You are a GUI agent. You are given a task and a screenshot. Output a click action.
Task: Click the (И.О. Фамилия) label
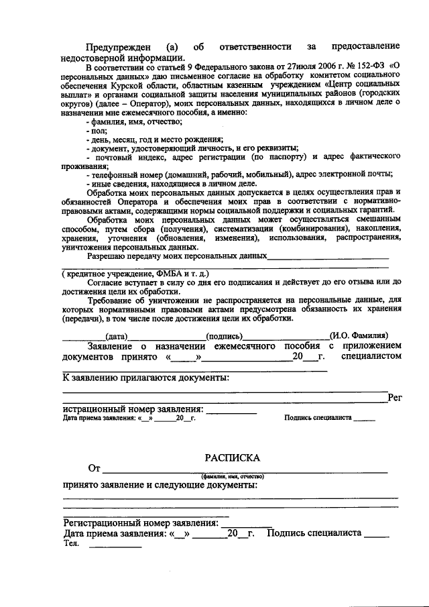click(359, 335)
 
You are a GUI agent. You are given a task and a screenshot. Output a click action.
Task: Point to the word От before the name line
click(94, 467)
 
